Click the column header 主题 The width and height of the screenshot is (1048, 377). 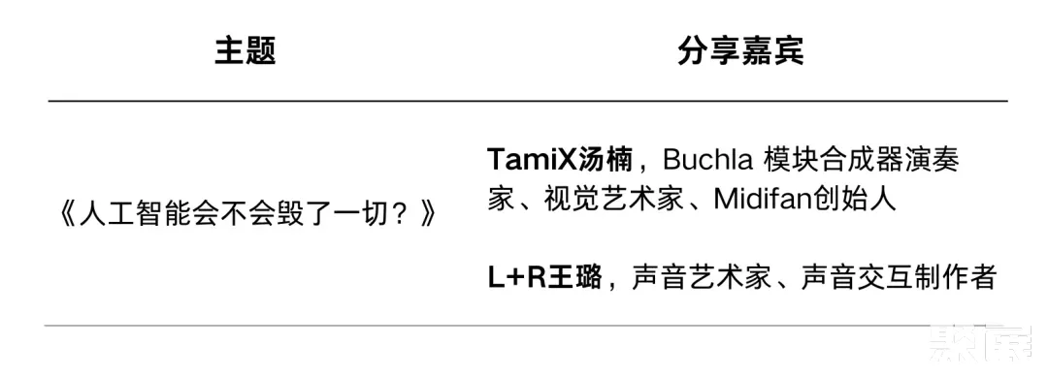pos(246,51)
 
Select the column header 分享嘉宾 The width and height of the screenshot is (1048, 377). pos(740,51)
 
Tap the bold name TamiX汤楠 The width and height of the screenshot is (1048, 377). pos(560,159)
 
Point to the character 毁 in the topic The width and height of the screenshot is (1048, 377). pos(309,214)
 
